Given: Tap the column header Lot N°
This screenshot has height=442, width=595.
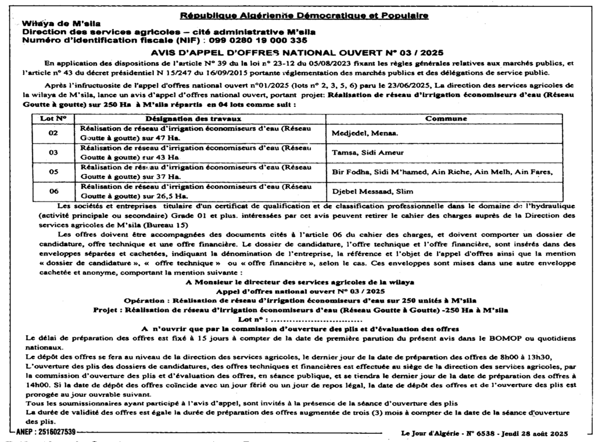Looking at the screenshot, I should click(x=54, y=118).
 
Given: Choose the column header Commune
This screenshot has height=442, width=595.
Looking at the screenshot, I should click(x=446, y=118).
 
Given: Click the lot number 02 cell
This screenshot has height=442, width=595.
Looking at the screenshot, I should click(x=53, y=133).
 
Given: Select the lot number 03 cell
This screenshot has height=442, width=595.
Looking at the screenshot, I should click(x=53, y=152).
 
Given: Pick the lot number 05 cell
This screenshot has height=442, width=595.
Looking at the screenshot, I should click(x=53, y=172).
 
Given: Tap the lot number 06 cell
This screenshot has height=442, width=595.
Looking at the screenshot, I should click(x=53, y=191).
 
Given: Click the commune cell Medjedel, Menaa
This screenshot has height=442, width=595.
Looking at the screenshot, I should click(x=361, y=133).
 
